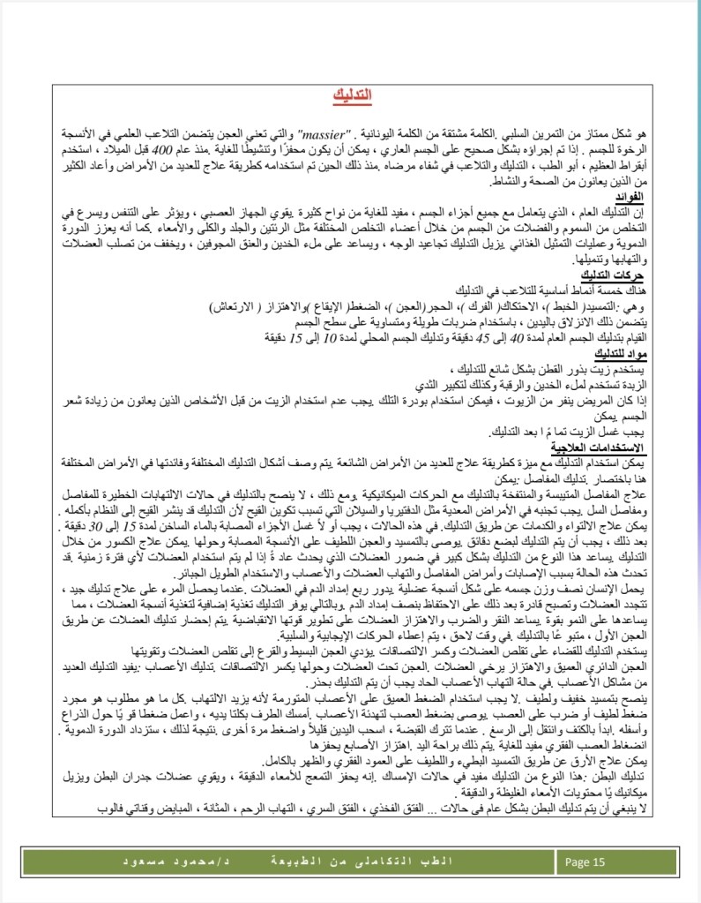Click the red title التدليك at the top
pos(352,94)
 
